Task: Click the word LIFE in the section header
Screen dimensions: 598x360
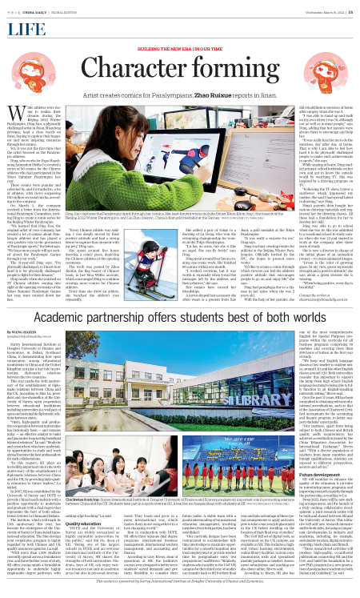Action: (22, 28)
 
